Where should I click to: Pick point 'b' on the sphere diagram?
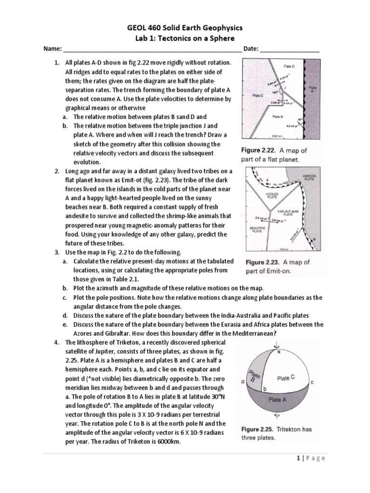pos(264,388)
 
